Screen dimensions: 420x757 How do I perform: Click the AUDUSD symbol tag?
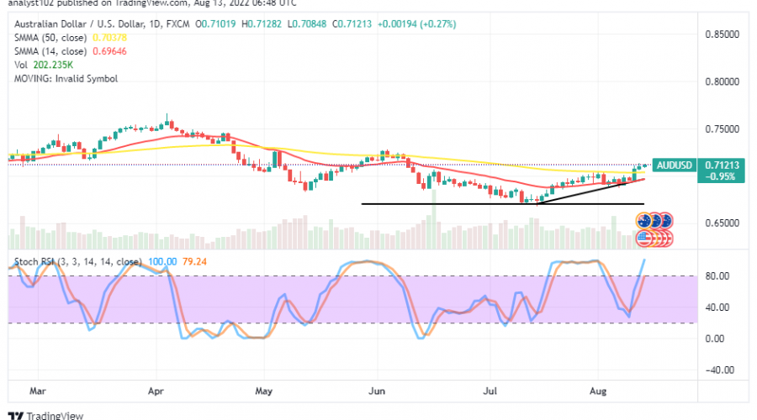coord(675,165)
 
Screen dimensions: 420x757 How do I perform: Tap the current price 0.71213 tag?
coord(721,165)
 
